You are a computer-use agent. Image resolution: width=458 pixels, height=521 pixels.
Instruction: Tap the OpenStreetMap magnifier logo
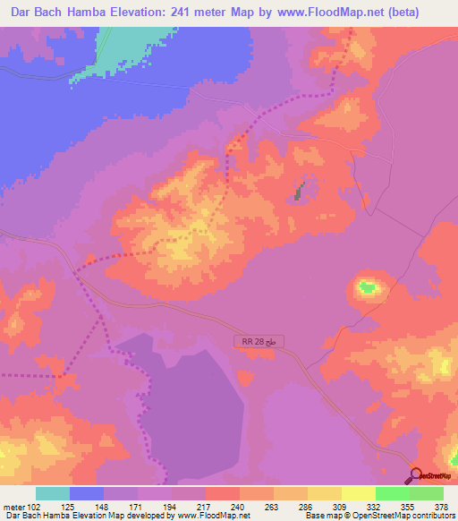pyautogui.click(x=416, y=475)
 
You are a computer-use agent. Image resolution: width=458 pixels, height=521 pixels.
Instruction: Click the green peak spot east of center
pyautogui.click(x=366, y=287)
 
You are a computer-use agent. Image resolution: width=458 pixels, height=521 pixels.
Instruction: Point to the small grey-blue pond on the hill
pyautogui.click(x=299, y=190)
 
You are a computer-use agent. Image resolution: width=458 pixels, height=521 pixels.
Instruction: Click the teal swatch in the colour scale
pyautogui.click(x=53, y=493)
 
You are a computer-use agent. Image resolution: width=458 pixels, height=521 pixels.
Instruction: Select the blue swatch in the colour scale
pyautogui.click(x=87, y=493)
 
